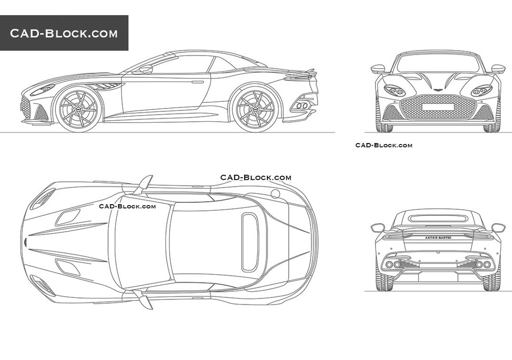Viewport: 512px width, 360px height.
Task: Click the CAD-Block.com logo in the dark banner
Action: tap(64, 34)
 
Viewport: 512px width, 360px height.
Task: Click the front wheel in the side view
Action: tap(77, 108)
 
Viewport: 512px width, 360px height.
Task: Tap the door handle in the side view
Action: tap(198, 81)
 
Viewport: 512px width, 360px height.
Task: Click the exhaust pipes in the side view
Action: tap(302, 105)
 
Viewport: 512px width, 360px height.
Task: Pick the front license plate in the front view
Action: tap(438, 107)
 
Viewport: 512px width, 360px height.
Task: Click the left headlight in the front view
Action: tap(394, 91)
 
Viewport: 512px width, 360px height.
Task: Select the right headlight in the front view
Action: tap(481, 91)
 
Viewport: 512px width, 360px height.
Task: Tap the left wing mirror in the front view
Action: tap(378, 68)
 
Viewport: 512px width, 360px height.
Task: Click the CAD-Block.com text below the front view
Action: tap(384, 145)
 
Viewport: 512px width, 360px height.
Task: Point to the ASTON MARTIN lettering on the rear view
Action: tap(438, 238)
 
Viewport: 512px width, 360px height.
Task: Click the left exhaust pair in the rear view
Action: tap(393, 264)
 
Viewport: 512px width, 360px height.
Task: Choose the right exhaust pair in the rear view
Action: tap(482, 264)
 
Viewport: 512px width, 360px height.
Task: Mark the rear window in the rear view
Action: tap(438, 218)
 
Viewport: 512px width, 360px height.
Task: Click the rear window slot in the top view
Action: tap(250, 242)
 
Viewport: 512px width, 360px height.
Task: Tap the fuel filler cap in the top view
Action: tap(275, 193)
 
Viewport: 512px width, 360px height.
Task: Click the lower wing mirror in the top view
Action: tap(145, 299)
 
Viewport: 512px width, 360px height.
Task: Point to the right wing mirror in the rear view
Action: tap(498, 227)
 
